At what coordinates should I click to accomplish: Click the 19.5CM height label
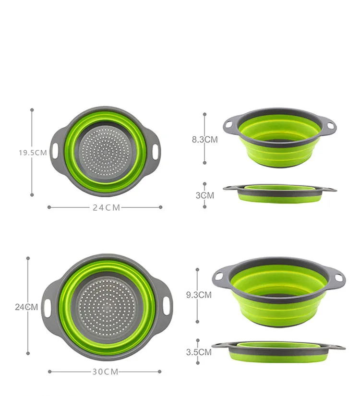click(33, 153)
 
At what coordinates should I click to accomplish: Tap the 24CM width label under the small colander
click(107, 207)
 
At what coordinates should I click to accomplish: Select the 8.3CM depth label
click(204, 140)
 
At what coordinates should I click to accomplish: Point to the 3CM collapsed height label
click(204, 195)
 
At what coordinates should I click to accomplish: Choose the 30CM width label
click(104, 372)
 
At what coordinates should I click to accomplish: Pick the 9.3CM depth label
click(198, 295)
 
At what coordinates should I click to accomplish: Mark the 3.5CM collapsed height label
click(198, 352)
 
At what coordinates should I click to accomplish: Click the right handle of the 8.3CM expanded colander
click(330, 126)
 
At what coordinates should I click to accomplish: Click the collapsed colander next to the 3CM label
click(279, 193)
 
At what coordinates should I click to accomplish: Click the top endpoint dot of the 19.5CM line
click(32, 109)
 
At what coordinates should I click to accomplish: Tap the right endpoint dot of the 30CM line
click(160, 371)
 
